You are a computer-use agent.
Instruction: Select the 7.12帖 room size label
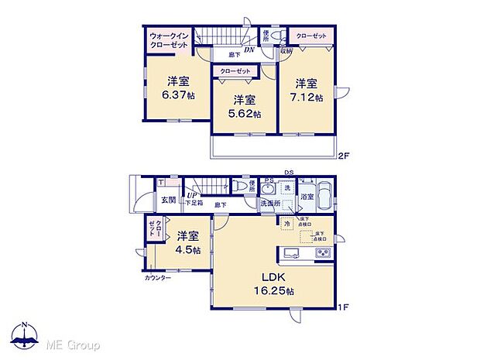(306, 98)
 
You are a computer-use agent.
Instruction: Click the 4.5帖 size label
(187, 250)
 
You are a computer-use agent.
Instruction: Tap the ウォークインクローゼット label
(168, 40)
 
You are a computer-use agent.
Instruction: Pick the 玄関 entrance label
(168, 200)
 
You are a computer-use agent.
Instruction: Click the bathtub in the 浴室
(326, 193)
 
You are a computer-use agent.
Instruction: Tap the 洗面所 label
(269, 204)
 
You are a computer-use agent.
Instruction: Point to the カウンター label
(157, 276)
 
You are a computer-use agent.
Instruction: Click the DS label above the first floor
(288, 172)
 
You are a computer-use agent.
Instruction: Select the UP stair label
(190, 195)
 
